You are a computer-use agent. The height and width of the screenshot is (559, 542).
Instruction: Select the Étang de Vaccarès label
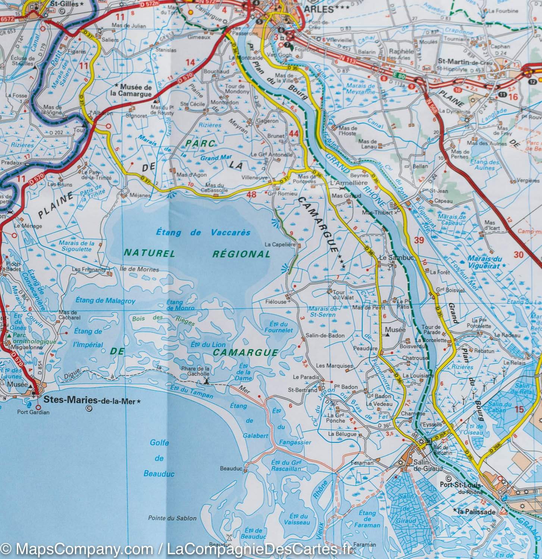203,233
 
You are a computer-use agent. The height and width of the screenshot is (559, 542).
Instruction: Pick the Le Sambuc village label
392,258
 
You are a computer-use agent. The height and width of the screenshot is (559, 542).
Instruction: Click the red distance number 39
419,240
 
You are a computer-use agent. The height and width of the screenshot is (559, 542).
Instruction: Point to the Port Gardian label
33,412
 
